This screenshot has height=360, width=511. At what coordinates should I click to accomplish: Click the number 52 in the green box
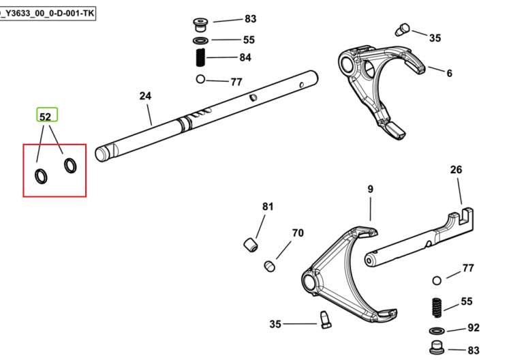tap(45, 117)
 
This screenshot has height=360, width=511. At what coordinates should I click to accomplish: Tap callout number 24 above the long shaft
tap(145, 96)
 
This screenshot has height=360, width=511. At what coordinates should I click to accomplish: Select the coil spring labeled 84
tap(201, 57)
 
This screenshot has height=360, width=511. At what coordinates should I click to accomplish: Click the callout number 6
tap(450, 73)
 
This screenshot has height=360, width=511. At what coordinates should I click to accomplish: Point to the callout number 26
tap(456, 170)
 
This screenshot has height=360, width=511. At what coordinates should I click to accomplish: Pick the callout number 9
tap(370, 189)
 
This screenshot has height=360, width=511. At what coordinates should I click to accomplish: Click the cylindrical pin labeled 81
tap(251, 245)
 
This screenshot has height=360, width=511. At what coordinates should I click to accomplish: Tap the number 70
tap(298, 232)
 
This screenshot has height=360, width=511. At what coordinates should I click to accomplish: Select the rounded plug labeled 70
tap(270, 266)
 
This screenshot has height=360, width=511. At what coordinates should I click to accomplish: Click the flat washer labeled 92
tap(437, 331)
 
